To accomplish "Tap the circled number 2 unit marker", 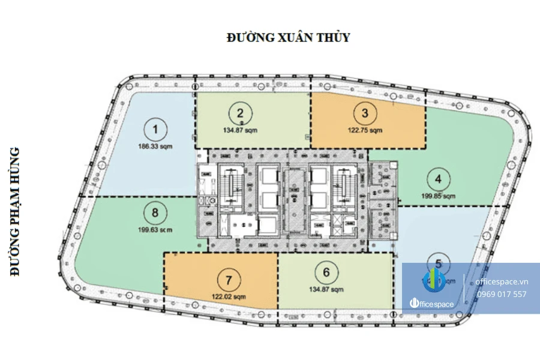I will pyautogui.click(x=241, y=113).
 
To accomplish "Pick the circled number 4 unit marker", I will pyautogui.click(x=439, y=179).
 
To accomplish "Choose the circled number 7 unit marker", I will pyautogui.click(x=229, y=280).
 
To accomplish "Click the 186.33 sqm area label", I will pyautogui.click(x=156, y=146).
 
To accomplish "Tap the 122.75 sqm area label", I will pyautogui.click(x=365, y=130).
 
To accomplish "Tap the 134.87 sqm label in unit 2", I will pyautogui.click(x=241, y=130).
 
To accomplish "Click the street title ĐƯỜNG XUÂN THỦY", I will pyautogui.click(x=288, y=38).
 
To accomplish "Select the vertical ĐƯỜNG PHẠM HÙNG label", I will pyautogui.click(x=16, y=211).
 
